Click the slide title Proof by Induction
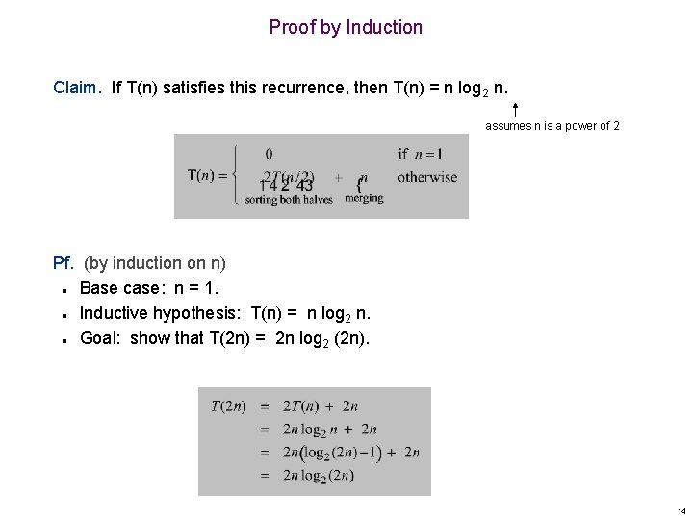(x=346, y=27)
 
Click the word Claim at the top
(x=75, y=88)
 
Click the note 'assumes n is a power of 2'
(x=552, y=126)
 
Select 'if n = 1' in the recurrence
(x=420, y=153)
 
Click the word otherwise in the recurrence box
(x=427, y=177)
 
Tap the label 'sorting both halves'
(x=289, y=199)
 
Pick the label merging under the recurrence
(x=364, y=198)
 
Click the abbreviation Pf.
(x=64, y=263)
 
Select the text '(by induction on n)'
(x=155, y=263)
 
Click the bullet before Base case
(x=62, y=289)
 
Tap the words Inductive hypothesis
(x=161, y=313)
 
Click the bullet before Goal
(x=62, y=339)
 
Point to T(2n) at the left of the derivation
(x=228, y=406)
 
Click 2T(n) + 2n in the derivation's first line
(x=321, y=406)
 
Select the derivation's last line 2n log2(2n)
(x=319, y=476)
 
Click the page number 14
(x=681, y=511)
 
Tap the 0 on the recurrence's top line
(x=269, y=153)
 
